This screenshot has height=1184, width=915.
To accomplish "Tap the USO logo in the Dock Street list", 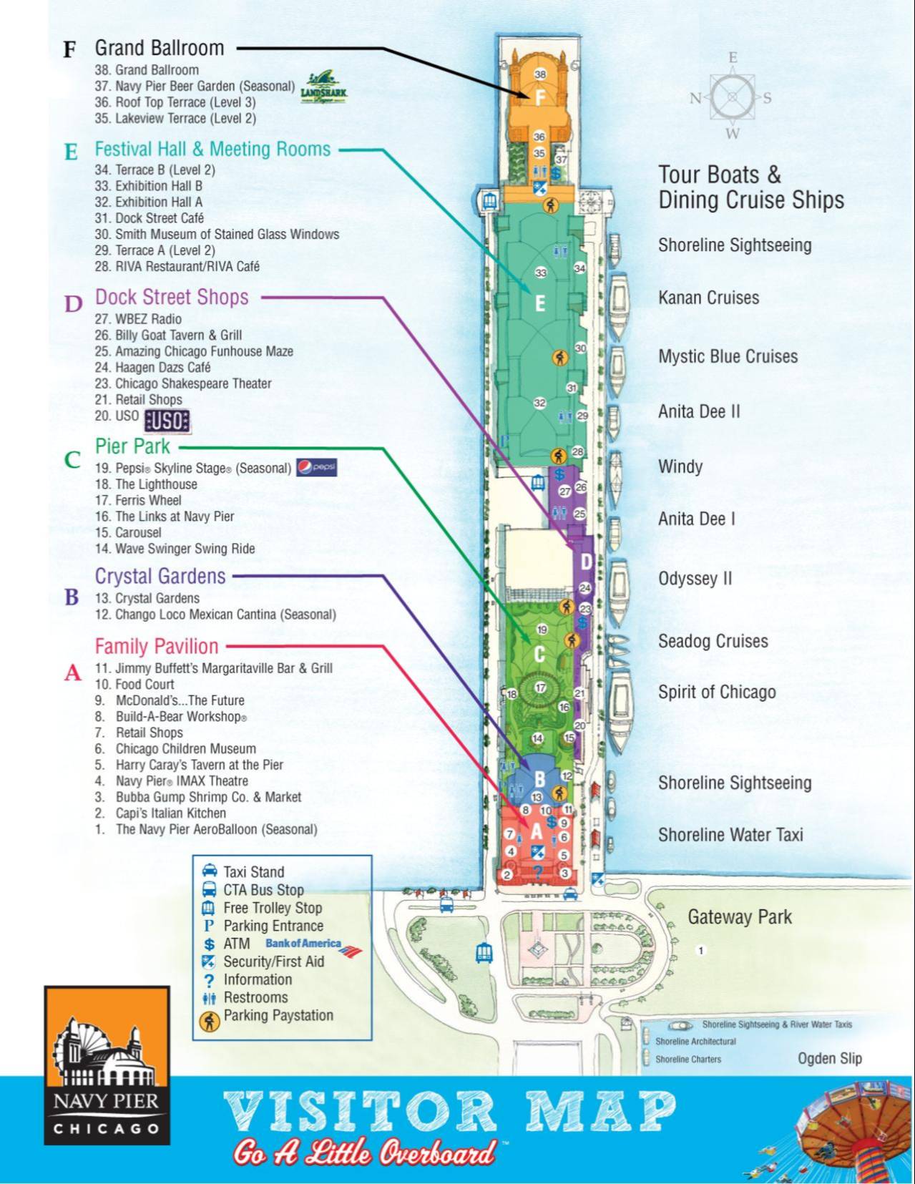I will (167, 421).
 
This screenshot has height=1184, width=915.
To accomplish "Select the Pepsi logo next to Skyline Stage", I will (316, 468).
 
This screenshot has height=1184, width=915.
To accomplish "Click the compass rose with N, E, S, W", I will (732, 97).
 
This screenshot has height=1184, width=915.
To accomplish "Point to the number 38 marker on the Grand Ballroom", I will (540, 74).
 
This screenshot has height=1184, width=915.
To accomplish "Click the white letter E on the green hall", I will (540, 303).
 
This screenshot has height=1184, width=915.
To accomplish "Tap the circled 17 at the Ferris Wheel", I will (541, 688).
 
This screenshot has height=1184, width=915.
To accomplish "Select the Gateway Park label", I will (739, 917).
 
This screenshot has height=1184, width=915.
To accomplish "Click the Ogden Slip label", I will (829, 1058).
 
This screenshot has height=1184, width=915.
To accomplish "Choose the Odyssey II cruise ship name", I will (695, 578).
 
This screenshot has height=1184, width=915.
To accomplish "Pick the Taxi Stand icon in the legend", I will (210, 871).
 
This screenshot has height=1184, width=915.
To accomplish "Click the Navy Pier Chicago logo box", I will (107, 1065).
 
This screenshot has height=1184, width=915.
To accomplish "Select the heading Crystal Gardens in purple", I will (160, 576).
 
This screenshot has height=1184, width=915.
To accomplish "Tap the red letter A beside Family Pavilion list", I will (72, 672).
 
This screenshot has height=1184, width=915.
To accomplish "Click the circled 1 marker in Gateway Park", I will (701, 950).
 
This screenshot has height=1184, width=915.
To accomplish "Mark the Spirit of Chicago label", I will (717, 692).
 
